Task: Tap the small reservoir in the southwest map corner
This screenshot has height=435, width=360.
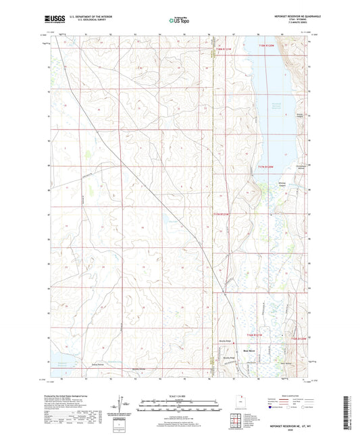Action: (x=57, y=363)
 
